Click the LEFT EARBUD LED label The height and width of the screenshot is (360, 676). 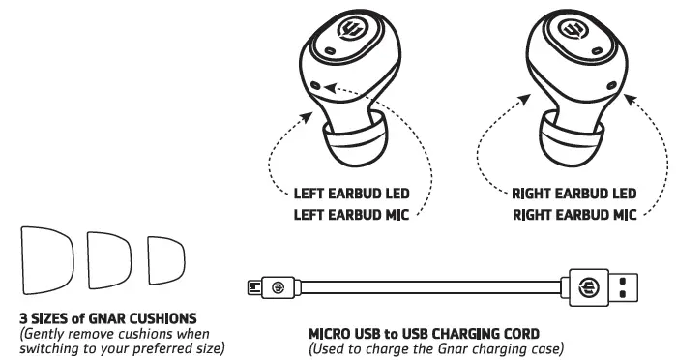[x=355, y=194]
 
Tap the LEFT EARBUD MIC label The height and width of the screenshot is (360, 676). [x=355, y=215]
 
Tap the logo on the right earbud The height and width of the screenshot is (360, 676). [x=573, y=44]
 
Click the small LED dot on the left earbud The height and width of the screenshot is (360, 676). [x=319, y=87]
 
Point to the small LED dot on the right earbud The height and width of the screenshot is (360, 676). [x=610, y=86]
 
